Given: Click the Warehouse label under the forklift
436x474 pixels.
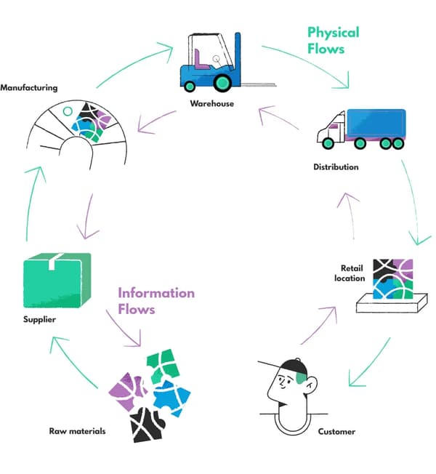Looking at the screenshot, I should pos(211,104).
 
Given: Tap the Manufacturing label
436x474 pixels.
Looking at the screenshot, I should pos(28,88).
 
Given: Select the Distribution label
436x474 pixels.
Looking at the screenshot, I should pos(335,167).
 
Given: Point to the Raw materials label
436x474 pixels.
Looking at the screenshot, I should pos(77,431).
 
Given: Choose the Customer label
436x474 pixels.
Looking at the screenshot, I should pos(336,432).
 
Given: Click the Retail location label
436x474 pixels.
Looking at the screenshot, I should pos(349,273).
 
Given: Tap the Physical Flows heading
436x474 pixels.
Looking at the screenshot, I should pos(333,41).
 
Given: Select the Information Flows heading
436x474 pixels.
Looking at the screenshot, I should pos(156,300).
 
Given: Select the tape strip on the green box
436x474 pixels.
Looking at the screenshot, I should pos(54,261).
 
